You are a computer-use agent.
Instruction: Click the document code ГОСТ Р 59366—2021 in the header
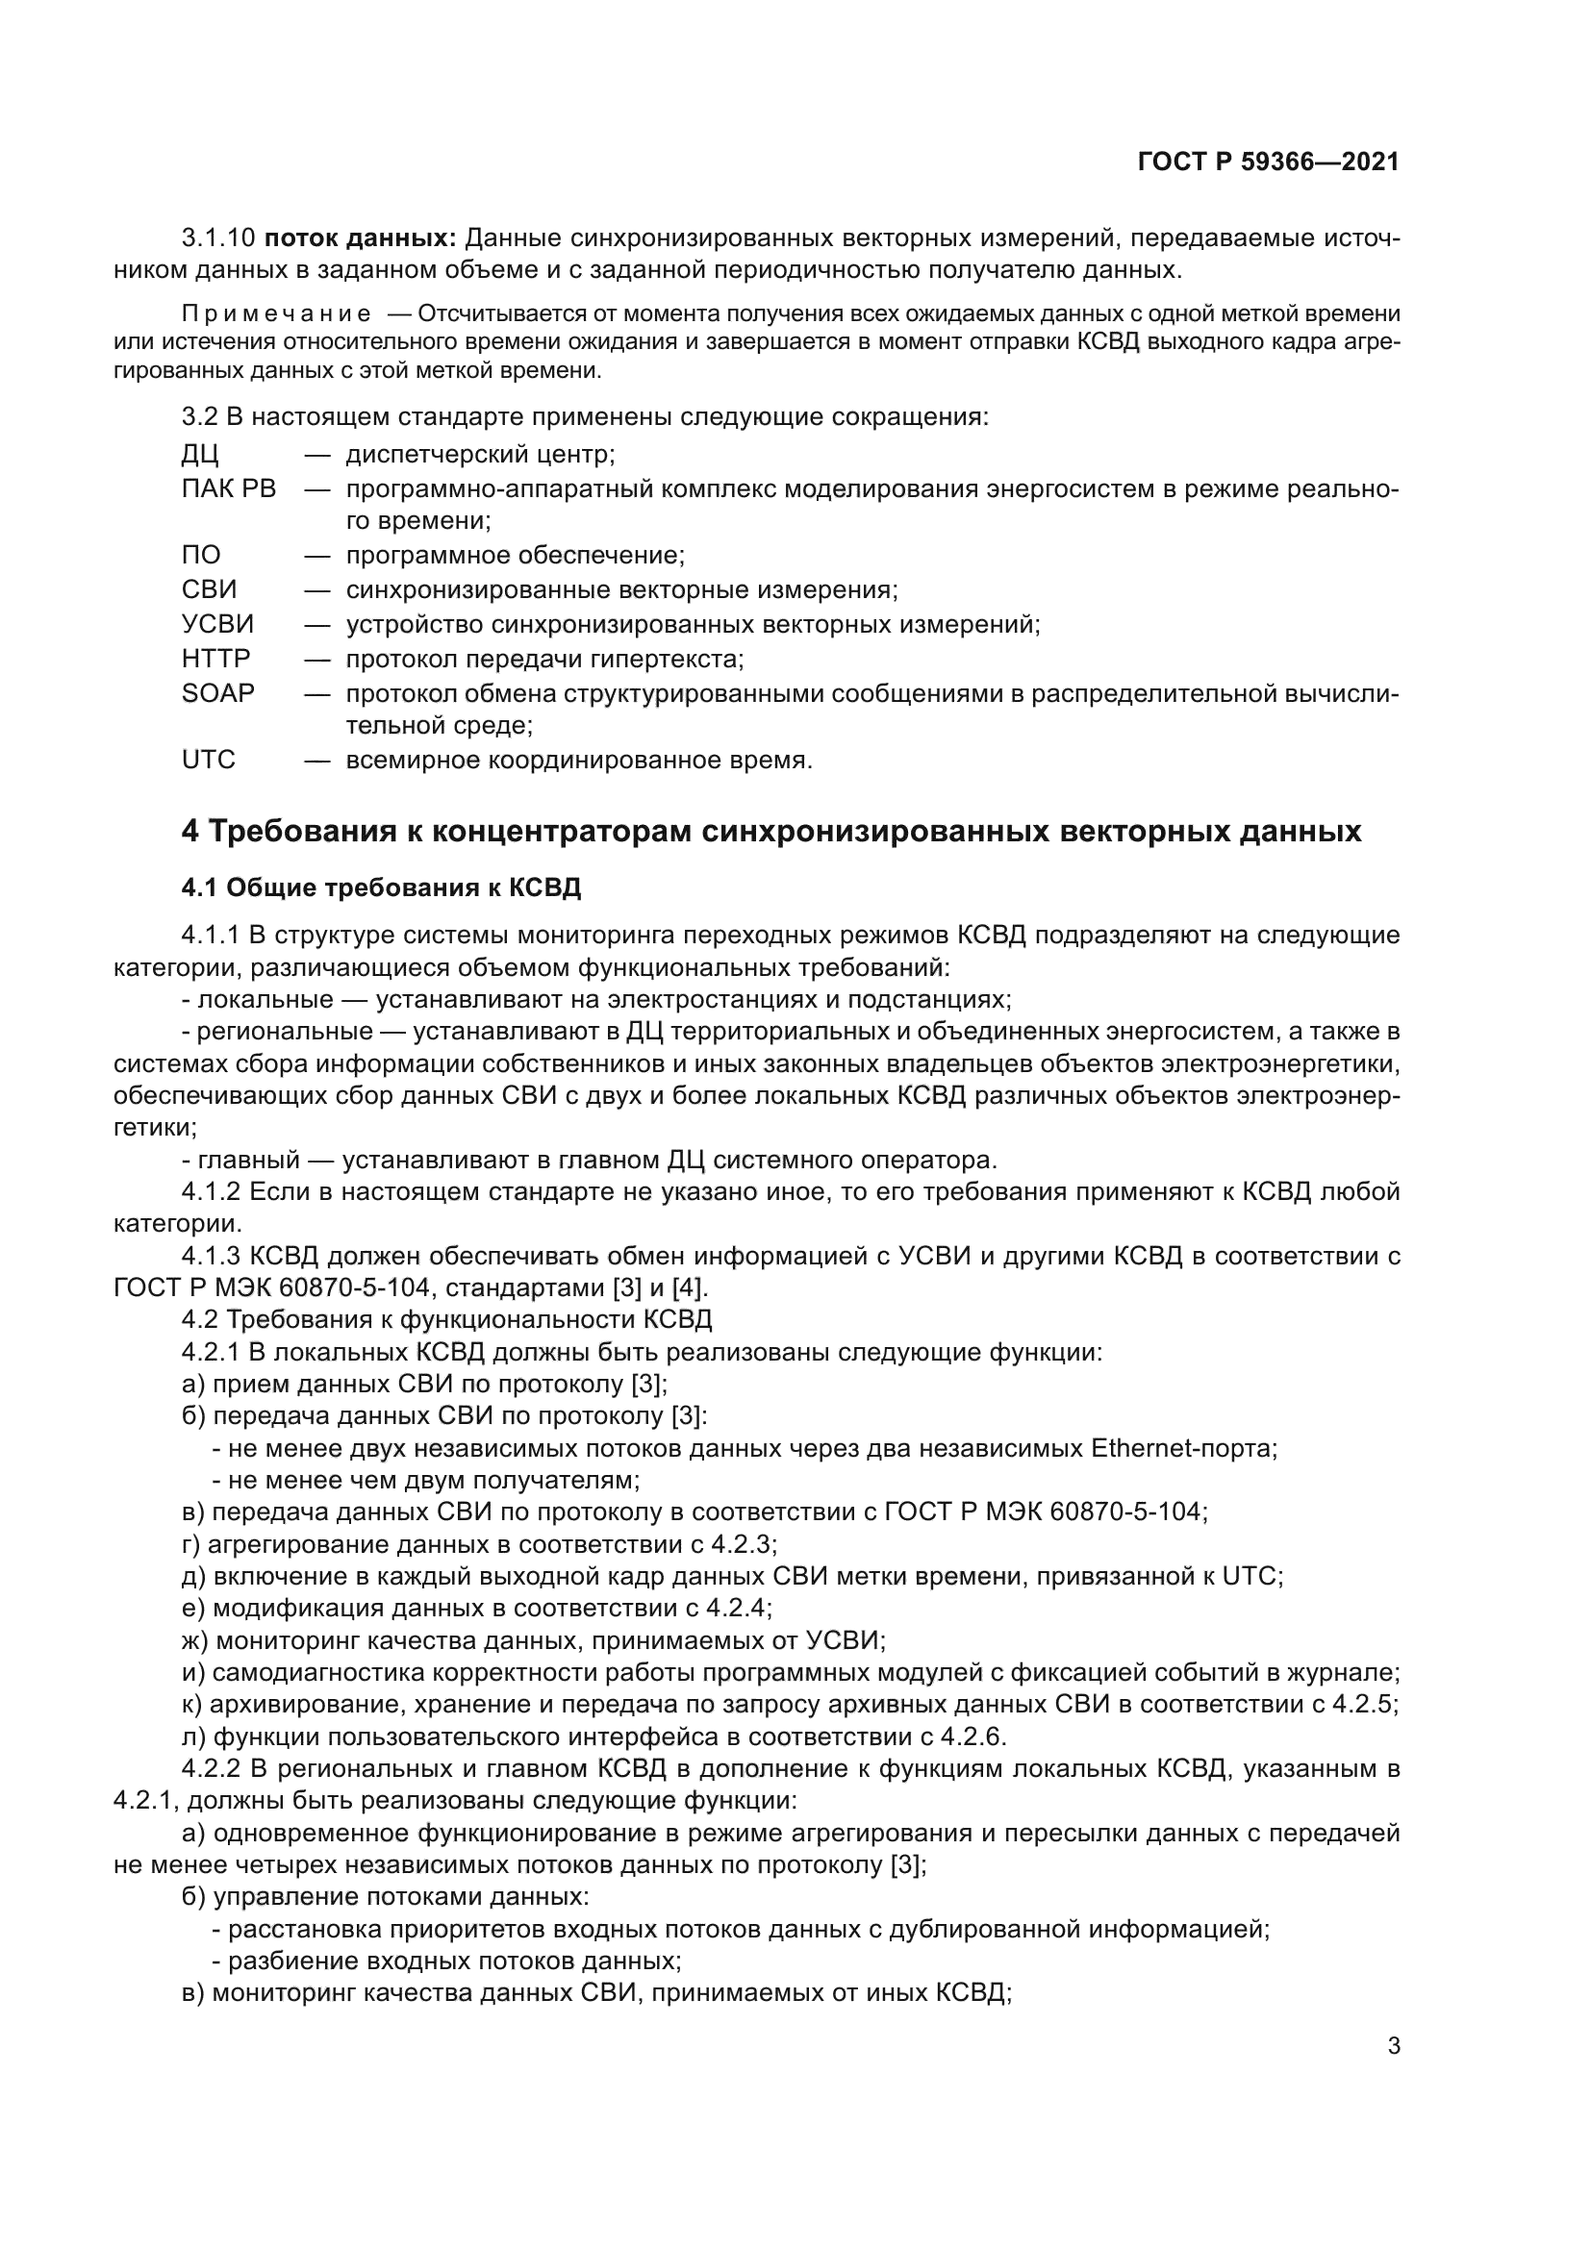click(x=1268, y=162)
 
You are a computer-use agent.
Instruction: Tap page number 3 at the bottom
click(x=1393, y=2047)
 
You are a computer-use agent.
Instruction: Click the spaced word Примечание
click(x=276, y=313)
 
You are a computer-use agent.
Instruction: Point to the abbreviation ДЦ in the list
click(x=200, y=456)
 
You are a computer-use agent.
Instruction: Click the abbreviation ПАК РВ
click(x=229, y=488)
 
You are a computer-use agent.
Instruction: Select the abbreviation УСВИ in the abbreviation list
click(x=217, y=624)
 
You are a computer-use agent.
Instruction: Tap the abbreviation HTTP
click(x=215, y=659)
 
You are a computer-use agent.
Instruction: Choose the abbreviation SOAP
click(x=217, y=692)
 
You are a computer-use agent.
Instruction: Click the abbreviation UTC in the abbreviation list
click(x=209, y=761)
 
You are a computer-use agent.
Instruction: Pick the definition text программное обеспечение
click(x=515, y=557)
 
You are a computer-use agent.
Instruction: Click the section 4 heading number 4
click(x=190, y=832)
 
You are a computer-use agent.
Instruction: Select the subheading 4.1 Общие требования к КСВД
click(x=381, y=888)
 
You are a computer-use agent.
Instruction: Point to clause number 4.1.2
click(x=211, y=1192)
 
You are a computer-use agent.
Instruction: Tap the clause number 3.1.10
click(x=218, y=238)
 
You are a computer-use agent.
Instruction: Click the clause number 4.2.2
click(x=211, y=1769)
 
